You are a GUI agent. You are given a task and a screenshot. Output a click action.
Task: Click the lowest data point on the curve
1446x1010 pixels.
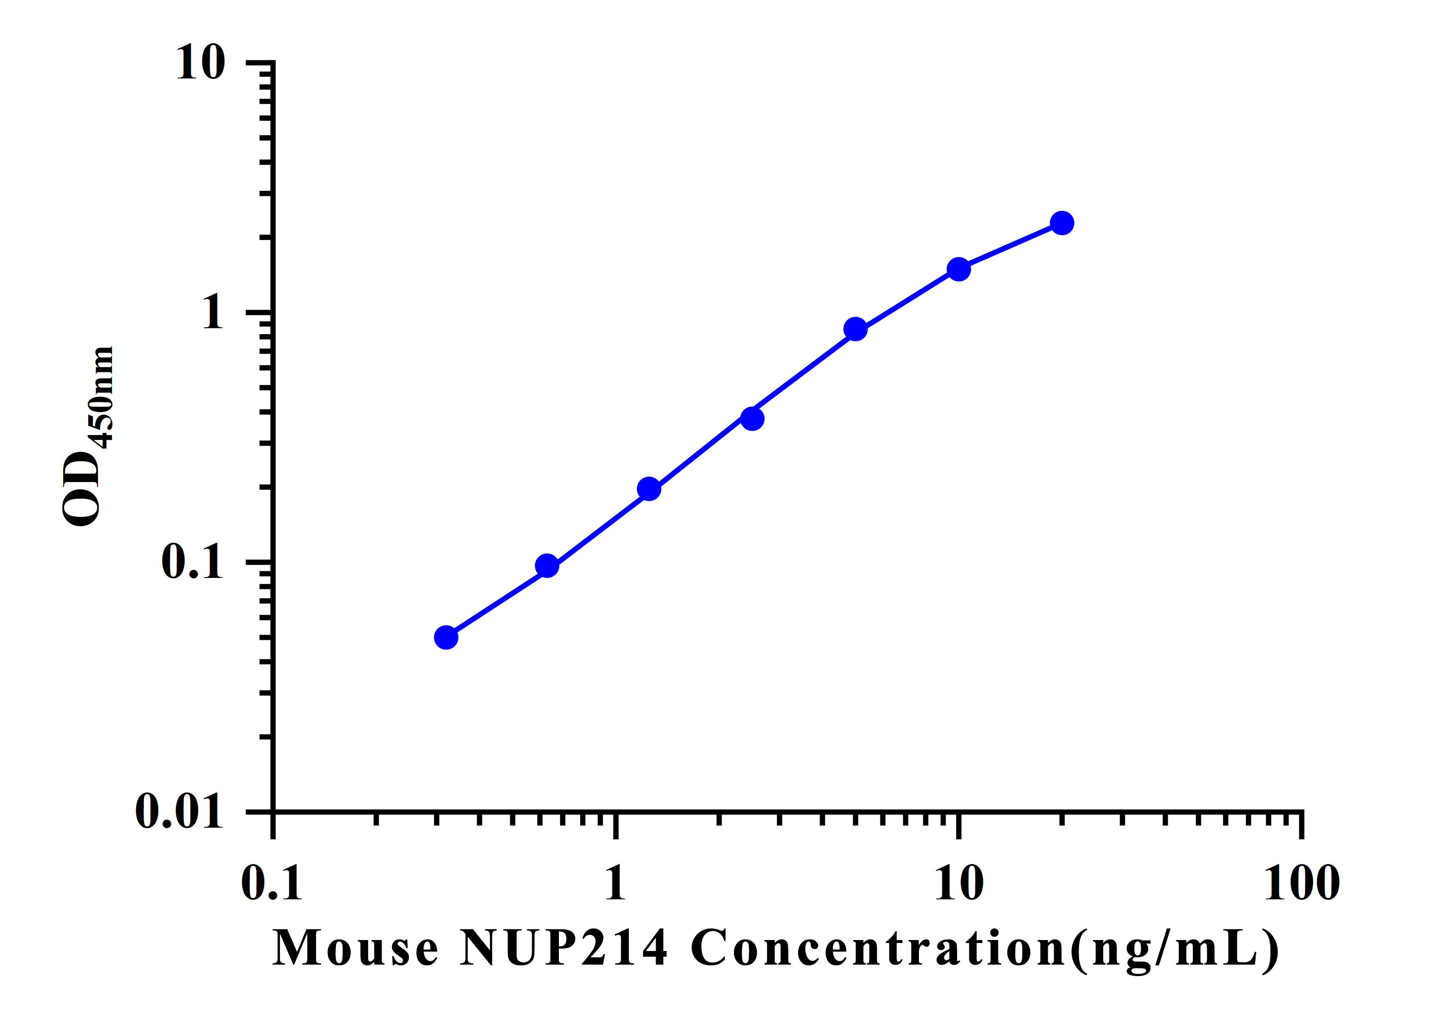[x=446, y=638]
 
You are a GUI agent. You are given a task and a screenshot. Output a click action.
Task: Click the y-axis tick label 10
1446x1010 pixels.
[x=200, y=63]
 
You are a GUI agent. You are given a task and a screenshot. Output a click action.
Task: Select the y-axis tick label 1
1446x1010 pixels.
[x=213, y=312]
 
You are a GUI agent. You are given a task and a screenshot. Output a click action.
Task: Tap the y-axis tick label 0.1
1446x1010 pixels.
[x=193, y=562]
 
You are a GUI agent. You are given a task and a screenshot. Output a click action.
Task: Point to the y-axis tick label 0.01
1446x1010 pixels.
[x=179, y=811]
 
